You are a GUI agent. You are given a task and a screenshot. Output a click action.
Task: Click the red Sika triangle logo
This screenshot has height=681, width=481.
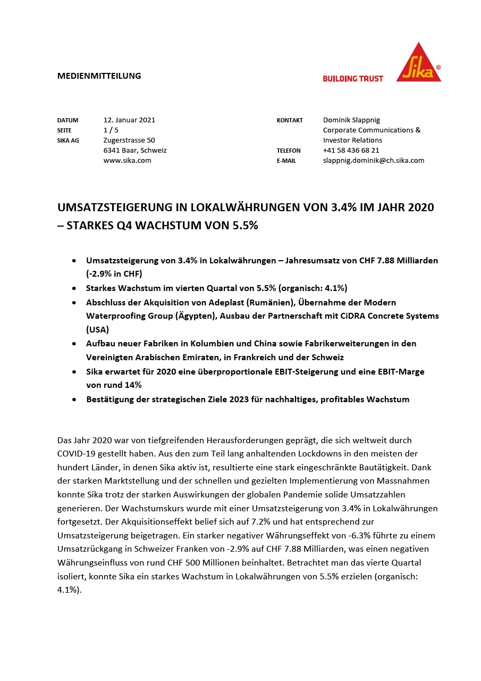[418, 64]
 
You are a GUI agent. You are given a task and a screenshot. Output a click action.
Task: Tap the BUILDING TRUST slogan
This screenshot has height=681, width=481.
[353, 78]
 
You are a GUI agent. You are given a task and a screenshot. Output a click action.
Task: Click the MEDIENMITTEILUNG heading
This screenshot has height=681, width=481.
[99, 76]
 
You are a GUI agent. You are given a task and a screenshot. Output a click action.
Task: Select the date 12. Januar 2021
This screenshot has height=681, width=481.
[129, 120]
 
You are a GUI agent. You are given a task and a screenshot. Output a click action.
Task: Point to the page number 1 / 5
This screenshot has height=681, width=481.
[111, 130]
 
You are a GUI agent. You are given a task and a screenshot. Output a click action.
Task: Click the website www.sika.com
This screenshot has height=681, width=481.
[127, 160]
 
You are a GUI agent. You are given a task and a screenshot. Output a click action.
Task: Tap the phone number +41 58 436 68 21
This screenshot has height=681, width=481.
[351, 151]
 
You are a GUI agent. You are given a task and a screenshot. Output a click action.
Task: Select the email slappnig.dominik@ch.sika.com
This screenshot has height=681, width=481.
[373, 160]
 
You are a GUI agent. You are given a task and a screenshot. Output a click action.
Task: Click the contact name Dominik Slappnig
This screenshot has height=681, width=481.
[351, 120]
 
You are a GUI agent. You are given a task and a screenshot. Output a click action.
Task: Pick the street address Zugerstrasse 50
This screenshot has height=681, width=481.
[129, 140]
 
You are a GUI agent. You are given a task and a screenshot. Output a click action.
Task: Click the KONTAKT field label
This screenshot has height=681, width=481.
[290, 121]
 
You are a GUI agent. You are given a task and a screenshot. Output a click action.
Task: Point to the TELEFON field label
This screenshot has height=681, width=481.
[289, 151]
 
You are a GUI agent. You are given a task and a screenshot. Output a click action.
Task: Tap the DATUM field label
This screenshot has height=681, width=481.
[67, 121]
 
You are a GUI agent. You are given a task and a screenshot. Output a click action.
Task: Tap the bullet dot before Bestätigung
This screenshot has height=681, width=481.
[74, 400]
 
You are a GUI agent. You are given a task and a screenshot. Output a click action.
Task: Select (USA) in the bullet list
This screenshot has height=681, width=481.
[97, 330]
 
